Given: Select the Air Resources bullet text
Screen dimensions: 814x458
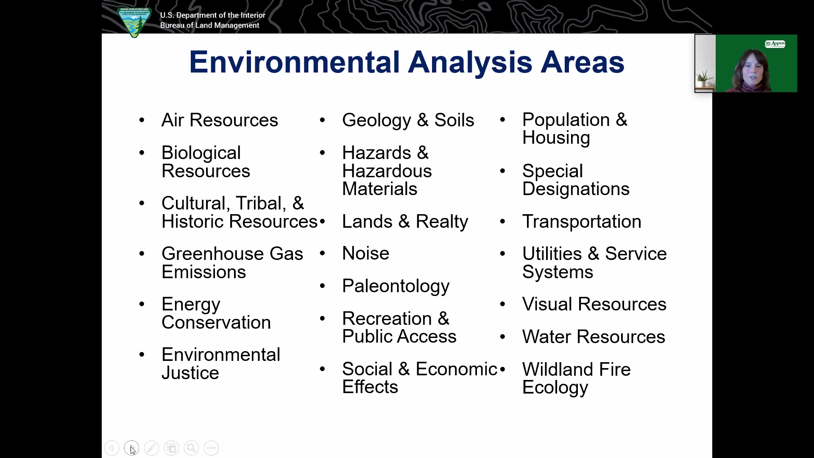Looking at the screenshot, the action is (x=220, y=120).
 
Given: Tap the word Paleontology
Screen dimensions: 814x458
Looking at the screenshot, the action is (x=396, y=286).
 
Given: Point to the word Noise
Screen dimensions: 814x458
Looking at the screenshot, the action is (x=365, y=254).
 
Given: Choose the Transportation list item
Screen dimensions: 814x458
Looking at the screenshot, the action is (x=582, y=221).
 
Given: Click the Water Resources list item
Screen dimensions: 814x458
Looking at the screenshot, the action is (x=594, y=337).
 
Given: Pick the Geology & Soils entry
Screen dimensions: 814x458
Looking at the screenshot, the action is (x=408, y=120).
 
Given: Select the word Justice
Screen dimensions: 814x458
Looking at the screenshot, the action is (x=190, y=373).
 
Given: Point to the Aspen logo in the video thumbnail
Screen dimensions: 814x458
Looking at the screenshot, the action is (x=775, y=44).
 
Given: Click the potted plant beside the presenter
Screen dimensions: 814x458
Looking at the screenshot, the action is (x=704, y=79).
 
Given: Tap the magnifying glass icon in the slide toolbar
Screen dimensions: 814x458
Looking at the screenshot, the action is (x=191, y=448).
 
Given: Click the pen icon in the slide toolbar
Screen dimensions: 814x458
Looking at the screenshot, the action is (x=151, y=448).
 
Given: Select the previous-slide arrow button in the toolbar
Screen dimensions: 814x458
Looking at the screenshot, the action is (x=112, y=448).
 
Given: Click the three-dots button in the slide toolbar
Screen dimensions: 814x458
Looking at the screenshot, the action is (x=211, y=448).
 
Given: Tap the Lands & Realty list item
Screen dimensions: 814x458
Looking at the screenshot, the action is (x=405, y=221).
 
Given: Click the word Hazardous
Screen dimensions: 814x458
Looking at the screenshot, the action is (x=387, y=171).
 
